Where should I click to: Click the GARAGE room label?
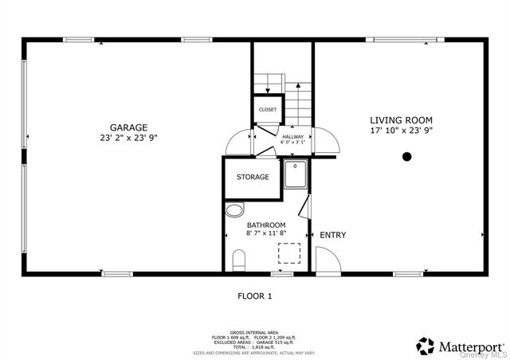point(128,127)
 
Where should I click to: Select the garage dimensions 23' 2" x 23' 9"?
point(128,137)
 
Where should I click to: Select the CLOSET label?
point(268,109)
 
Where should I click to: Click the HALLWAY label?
point(293,136)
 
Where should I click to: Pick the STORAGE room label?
point(253,177)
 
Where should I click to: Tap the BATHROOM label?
point(265,225)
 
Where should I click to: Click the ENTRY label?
point(332,235)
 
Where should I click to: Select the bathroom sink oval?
point(234,211)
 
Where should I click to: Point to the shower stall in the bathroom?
point(296,175)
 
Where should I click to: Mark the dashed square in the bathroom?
point(288,253)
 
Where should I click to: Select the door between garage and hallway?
point(239,142)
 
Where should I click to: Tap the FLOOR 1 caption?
point(255,296)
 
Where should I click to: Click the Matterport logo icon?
point(426,346)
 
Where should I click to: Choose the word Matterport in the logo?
point(470,346)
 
